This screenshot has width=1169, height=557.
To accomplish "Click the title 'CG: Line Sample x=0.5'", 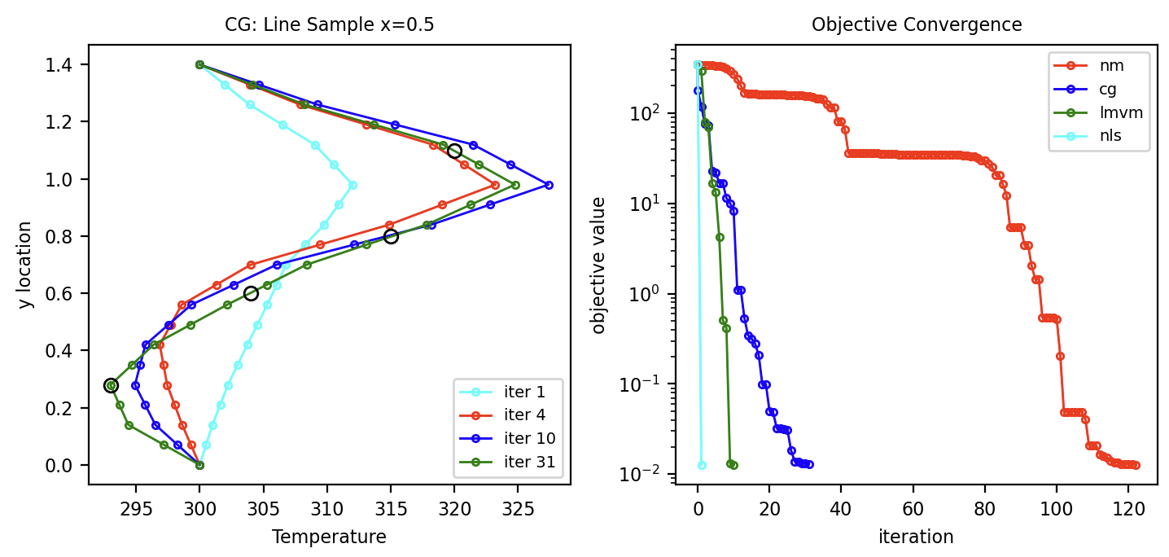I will [329, 24].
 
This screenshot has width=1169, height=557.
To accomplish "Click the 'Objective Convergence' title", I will [917, 24].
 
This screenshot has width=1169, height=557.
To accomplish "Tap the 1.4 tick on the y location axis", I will [67, 65].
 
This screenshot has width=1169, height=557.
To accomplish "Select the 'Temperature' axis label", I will [329, 537].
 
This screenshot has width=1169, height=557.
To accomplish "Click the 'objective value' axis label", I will [600, 265].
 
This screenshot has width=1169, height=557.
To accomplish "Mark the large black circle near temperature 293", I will [111, 385].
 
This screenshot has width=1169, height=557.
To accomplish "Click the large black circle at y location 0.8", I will [391, 236].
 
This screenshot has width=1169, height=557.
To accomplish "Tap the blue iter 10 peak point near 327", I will [549, 185].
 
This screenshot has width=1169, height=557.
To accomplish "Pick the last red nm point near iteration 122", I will [1136, 465].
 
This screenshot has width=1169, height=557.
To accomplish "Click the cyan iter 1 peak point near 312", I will [352, 185].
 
